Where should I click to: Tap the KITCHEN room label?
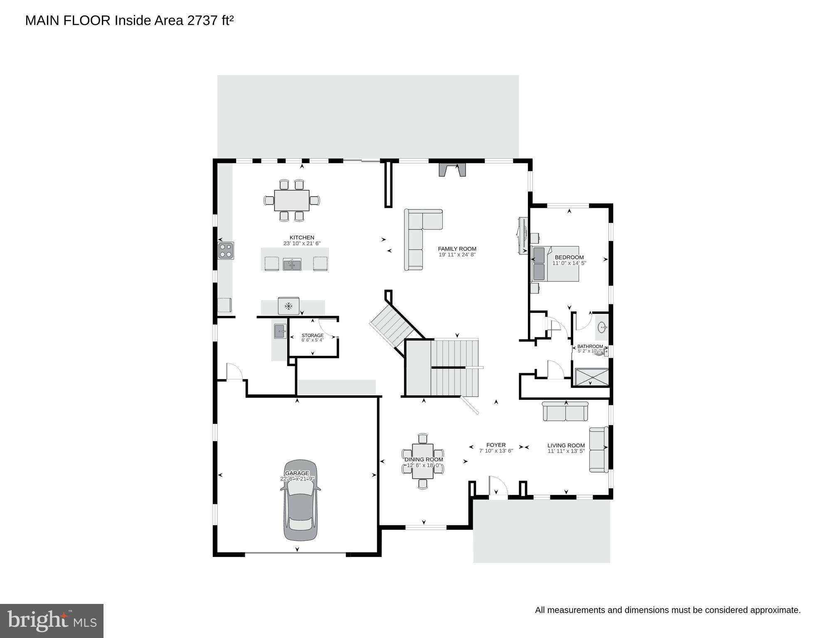coord(302,238)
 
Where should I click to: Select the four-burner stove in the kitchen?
coord(226,251)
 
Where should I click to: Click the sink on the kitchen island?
coord(292,264)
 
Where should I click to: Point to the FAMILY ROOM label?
coord(457,249)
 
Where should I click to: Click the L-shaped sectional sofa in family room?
coord(418,237)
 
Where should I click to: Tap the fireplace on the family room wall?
coord(452,170)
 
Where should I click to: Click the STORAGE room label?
coord(313,335)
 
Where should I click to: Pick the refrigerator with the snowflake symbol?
coord(288,306)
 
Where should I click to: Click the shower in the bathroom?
coord(591,377)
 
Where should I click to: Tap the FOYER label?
coord(496,445)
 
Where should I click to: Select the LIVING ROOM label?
coord(566,446)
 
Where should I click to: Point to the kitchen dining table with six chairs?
coord(292,200)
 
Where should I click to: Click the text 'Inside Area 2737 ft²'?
coord(174,20)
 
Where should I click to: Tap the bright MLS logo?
coord(52,621)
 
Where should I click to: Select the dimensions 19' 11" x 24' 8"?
coord(457,255)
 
